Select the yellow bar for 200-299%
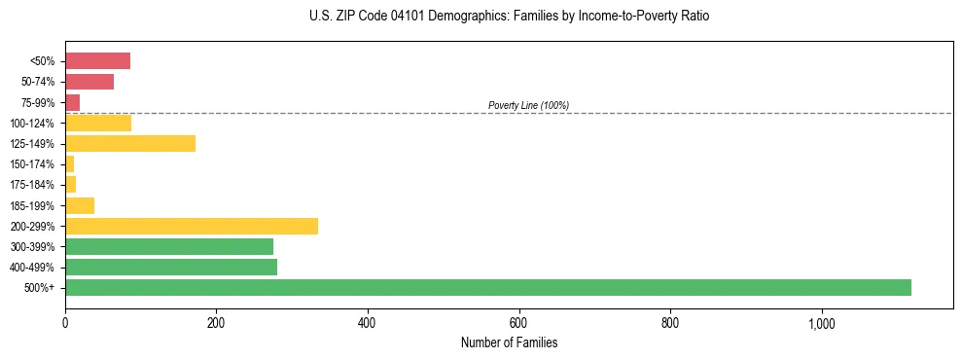[192, 226]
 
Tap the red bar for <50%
[97, 61]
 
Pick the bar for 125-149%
[130, 144]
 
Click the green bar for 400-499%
[171, 267]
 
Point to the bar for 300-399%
[169, 246]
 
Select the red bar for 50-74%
[89, 82]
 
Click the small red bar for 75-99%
[72, 102]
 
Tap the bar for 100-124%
[98, 123]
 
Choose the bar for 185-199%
[80, 205]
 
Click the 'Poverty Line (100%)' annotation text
[528, 105]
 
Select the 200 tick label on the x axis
[216, 323]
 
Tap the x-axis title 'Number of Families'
[509, 342]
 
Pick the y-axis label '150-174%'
[32, 164]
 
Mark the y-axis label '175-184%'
[32, 185]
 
